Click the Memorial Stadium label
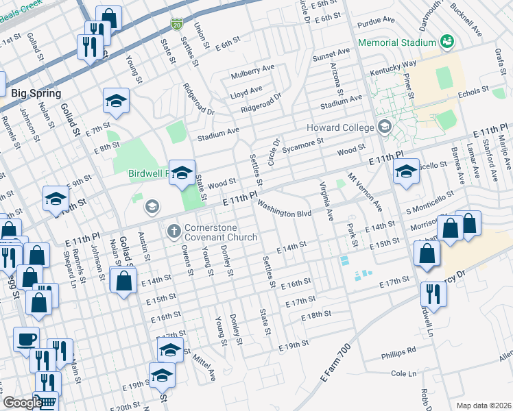point(397,42)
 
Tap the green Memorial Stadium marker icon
point(447,42)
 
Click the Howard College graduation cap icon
point(384,127)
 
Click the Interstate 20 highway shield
point(176,25)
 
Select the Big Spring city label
point(36,93)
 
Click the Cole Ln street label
point(403,374)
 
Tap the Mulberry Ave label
point(252,71)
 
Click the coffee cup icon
point(26,338)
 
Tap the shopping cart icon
point(46,403)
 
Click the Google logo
point(22,403)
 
